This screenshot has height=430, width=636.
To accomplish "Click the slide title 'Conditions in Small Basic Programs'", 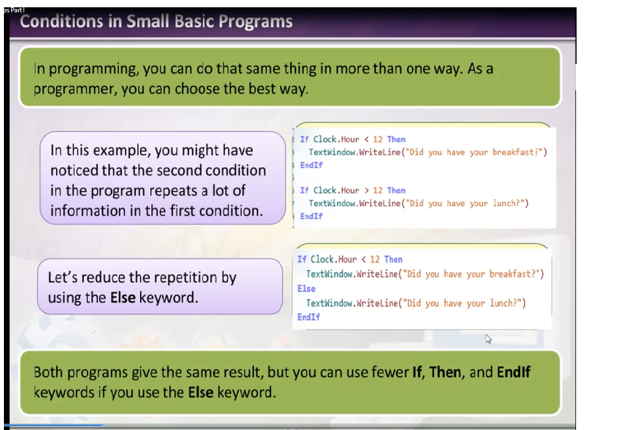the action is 156,21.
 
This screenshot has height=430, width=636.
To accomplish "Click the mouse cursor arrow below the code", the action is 489,339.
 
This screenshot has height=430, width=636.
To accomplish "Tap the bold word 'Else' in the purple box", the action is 123,297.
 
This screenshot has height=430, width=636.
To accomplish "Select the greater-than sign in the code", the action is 366,190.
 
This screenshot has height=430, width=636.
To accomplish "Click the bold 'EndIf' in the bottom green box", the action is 513,372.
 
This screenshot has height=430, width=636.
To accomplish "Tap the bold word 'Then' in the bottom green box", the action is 445,372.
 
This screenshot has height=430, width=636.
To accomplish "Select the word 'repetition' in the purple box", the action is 185,278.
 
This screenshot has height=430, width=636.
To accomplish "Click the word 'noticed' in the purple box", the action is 74,170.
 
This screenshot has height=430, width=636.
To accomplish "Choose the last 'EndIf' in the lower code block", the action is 308,317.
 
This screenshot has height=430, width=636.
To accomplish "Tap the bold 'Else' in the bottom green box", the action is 201,392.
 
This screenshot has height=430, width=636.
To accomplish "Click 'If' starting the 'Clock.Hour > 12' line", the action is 304,190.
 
